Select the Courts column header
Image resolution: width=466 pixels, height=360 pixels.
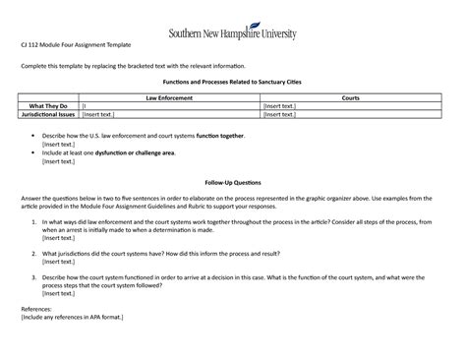point(349,98)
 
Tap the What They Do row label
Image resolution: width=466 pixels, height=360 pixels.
point(49,106)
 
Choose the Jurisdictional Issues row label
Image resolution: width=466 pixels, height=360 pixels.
point(49,114)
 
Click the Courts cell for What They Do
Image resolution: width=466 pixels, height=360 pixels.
point(349,106)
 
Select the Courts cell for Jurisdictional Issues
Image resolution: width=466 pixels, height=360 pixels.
point(349,114)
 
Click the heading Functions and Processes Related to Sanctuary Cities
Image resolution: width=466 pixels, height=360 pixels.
point(233,84)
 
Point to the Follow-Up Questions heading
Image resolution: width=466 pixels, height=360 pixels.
point(233,183)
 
